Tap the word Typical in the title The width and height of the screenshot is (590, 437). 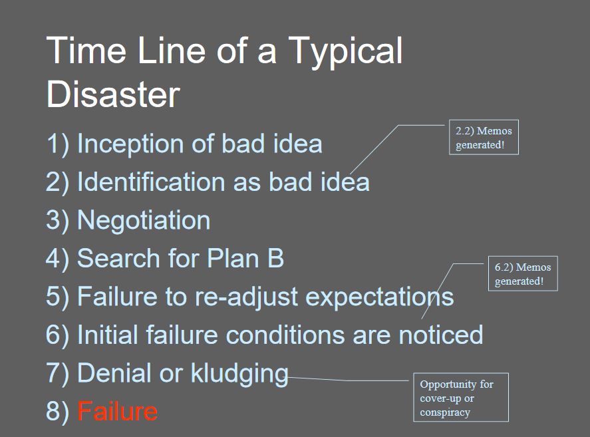345,53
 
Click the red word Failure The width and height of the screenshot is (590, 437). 117,411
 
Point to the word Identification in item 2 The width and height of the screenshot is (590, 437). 151,182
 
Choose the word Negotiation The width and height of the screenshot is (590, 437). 144,220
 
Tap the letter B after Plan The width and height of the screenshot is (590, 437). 276,258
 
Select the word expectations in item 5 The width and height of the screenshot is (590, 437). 380,297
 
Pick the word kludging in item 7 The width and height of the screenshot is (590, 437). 239,374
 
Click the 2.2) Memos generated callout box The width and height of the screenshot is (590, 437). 484,138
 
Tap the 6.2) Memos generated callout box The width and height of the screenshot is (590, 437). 523,273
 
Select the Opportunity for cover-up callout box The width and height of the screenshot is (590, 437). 461,398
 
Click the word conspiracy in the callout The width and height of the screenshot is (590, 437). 445,413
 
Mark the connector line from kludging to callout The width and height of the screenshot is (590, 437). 348,379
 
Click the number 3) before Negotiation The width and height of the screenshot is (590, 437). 58,221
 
